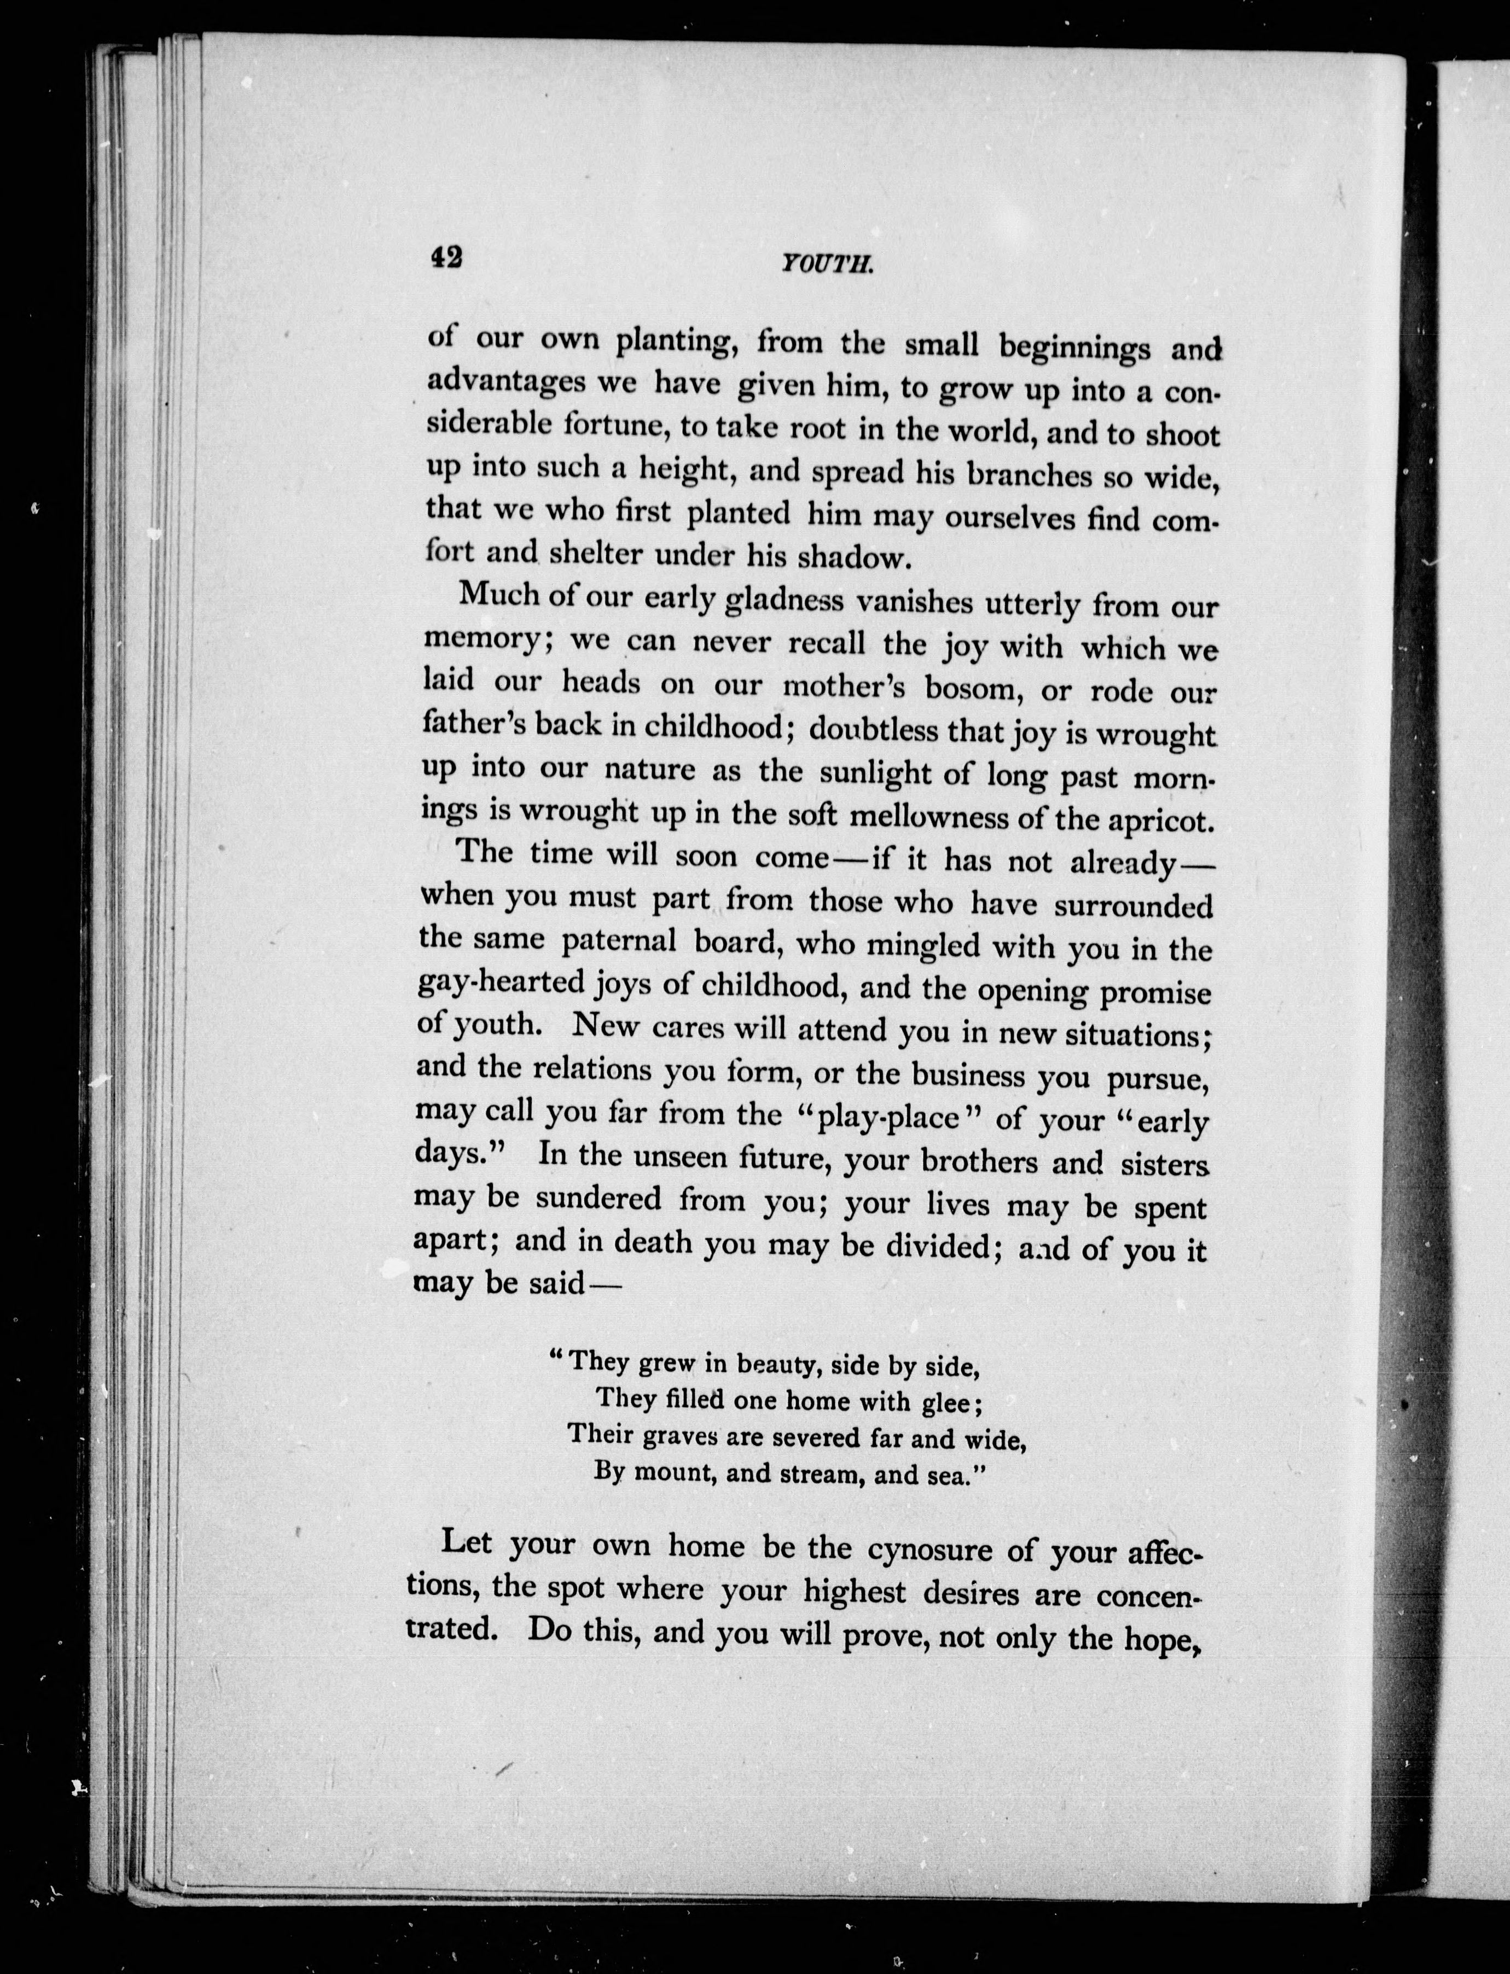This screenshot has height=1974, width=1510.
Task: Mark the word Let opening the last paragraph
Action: [467, 1542]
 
